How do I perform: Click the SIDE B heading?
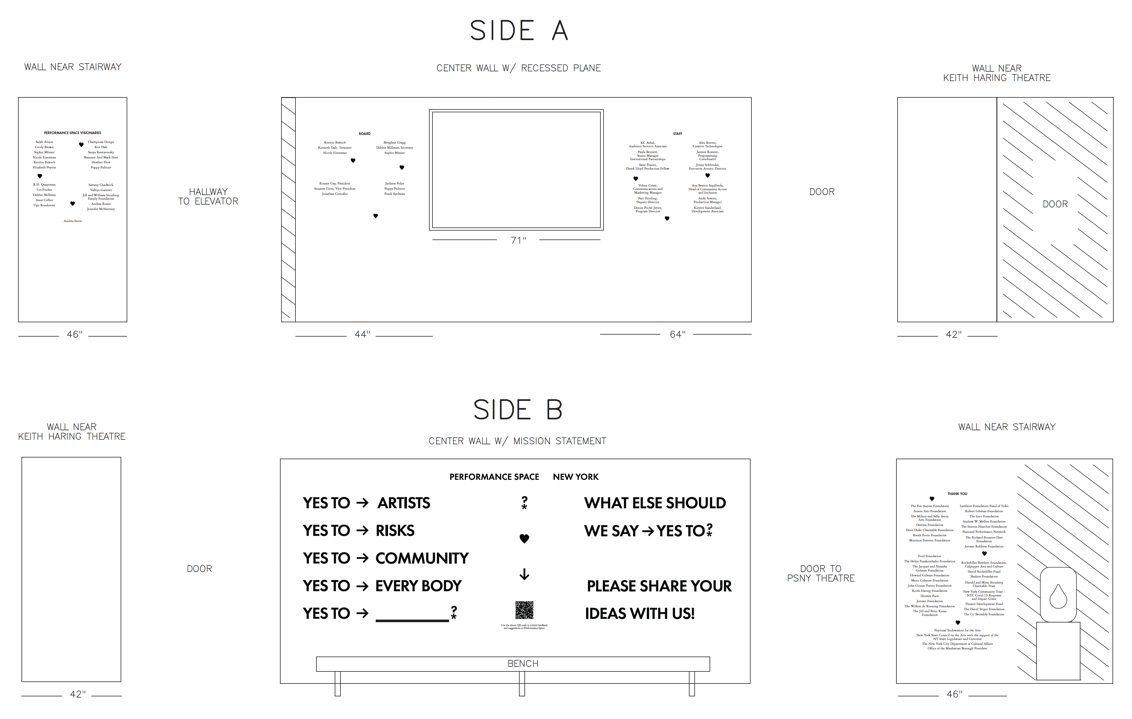pos(518,410)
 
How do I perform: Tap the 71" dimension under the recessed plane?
pos(518,240)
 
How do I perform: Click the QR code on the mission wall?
pos(524,610)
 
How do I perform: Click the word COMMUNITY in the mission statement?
pos(422,558)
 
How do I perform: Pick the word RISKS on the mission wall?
pos(395,531)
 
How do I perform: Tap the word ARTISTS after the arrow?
pos(403,503)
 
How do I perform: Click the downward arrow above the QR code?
pos(524,574)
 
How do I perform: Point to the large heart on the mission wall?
pos(524,539)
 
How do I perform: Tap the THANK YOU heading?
pos(957,494)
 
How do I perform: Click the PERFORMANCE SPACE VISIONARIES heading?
pos(73,133)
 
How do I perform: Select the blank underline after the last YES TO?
pos(412,619)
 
